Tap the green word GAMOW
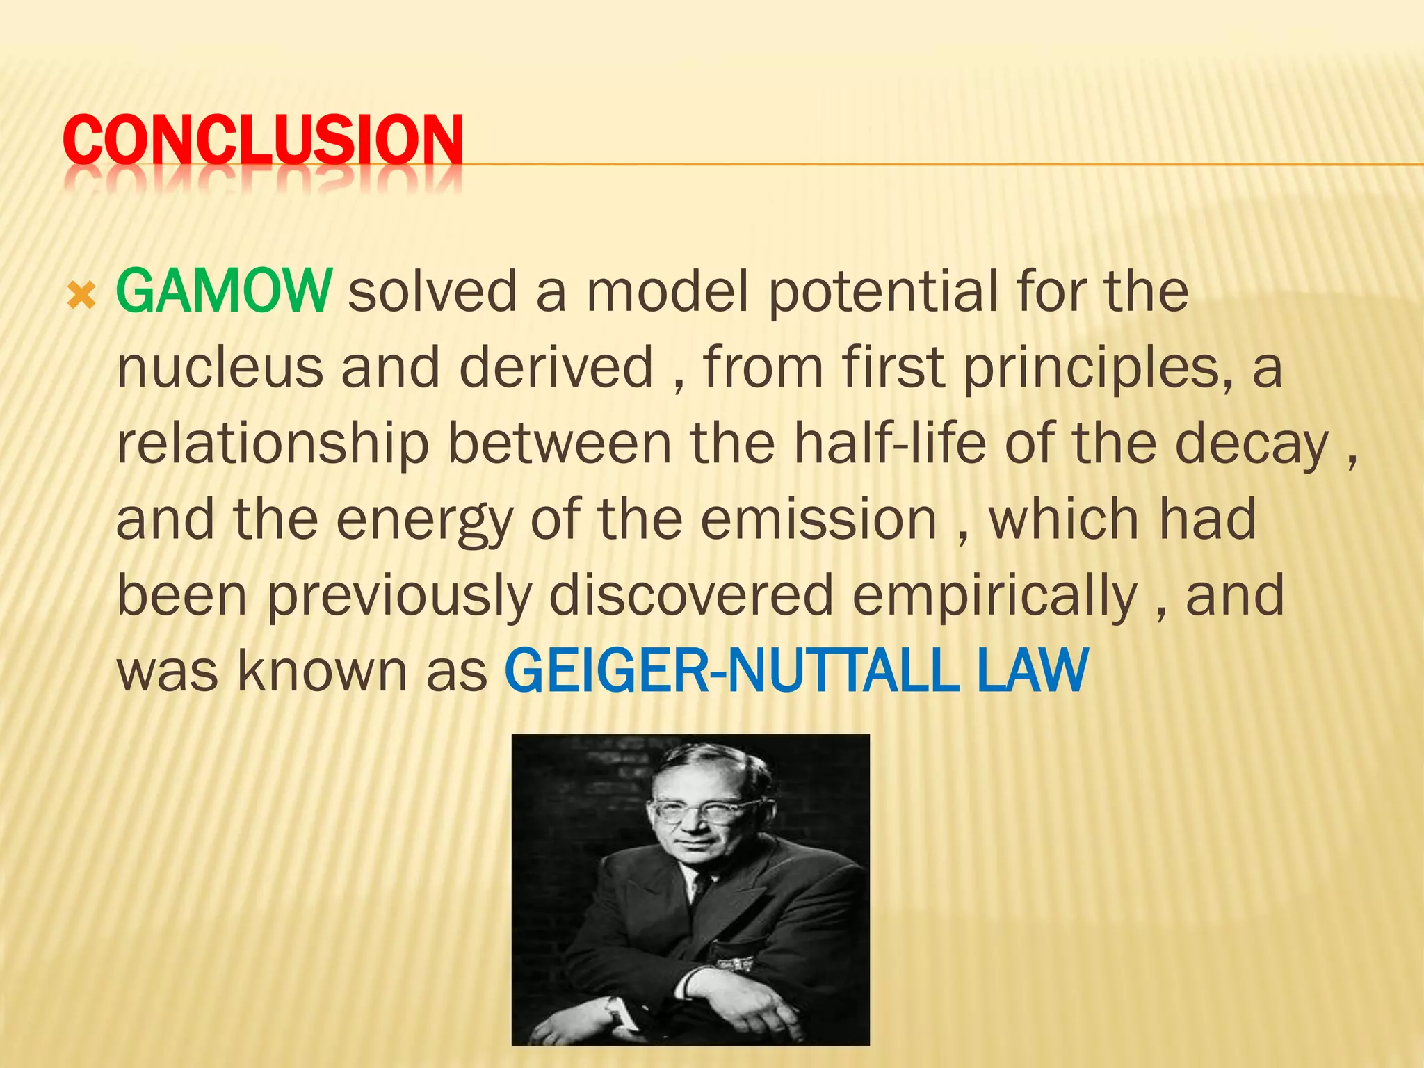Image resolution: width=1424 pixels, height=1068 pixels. point(223,291)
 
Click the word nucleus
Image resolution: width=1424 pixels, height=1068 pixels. point(220,367)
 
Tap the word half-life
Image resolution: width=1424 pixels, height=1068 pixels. point(890,443)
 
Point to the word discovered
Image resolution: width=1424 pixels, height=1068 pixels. point(691,595)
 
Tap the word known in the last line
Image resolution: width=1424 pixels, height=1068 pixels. point(322,672)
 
